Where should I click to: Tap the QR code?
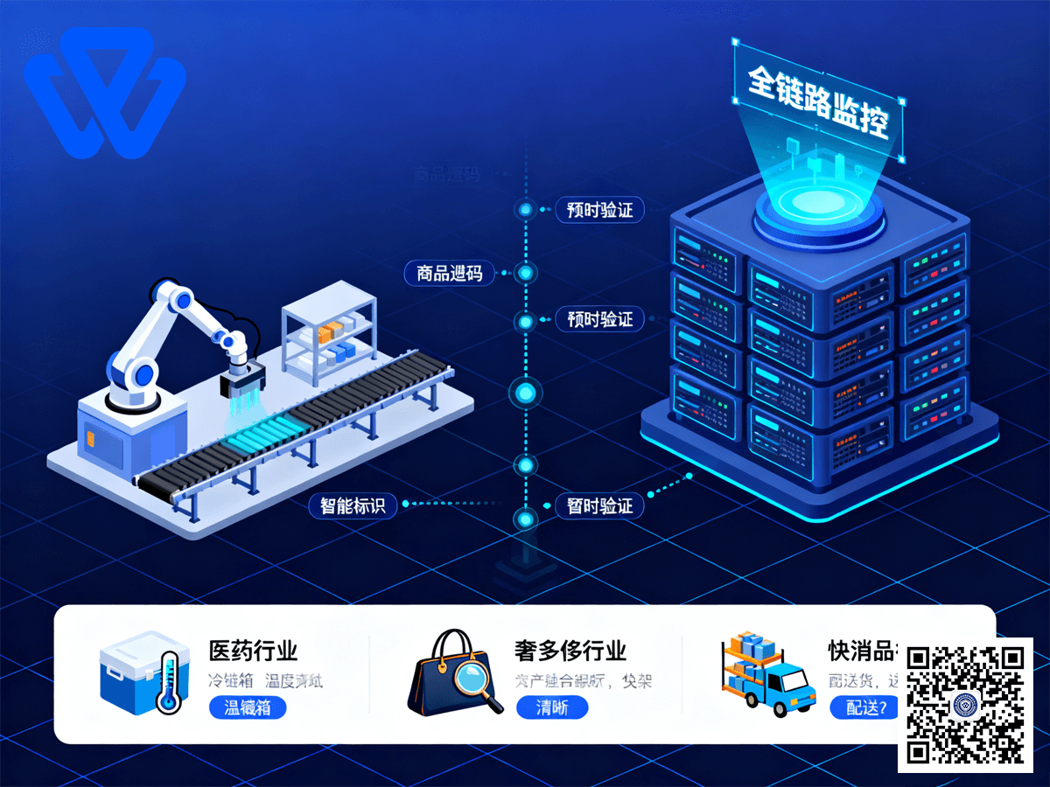tap(965, 705)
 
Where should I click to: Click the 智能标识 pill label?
tap(353, 505)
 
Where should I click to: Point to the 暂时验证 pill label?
tap(599, 505)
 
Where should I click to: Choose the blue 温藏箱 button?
tap(248, 707)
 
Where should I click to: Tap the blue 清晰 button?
tap(551, 707)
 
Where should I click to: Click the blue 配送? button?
tap(864, 707)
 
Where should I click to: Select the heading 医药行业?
tap(253, 651)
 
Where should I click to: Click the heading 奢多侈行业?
tap(570, 651)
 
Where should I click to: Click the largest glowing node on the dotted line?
tap(525, 393)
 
